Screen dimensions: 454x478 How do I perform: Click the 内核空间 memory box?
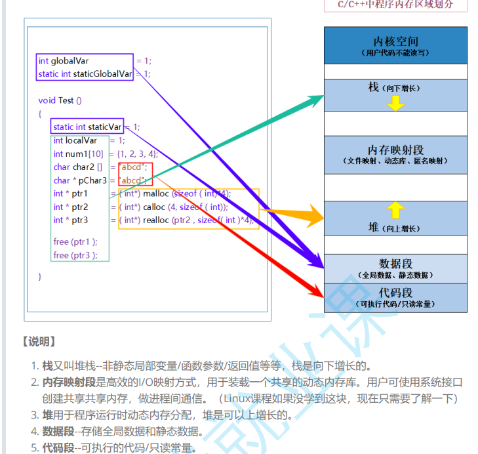coord(395,45)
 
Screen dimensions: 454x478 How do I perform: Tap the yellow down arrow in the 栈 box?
coord(395,103)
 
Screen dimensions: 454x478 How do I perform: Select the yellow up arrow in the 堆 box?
coord(395,210)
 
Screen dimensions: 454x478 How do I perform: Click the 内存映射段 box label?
coord(395,150)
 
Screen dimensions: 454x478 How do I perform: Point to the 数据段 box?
coord(395,268)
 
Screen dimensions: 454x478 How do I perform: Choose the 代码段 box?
coord(395,297)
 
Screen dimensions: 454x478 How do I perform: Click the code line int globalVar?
coord(64,60)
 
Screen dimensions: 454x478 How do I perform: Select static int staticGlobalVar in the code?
coord(85,73)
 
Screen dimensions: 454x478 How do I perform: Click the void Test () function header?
coord(60,100)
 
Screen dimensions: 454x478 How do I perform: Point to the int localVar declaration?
coord(75,140)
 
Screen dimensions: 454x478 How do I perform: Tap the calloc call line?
coord(174,207)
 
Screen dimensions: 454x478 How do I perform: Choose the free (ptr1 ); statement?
coord(75,241)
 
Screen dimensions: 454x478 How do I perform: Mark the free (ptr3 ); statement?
coord(75,255)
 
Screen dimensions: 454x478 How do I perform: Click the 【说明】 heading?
coord(39,342)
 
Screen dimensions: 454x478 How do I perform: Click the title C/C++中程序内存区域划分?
coord(395,4)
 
